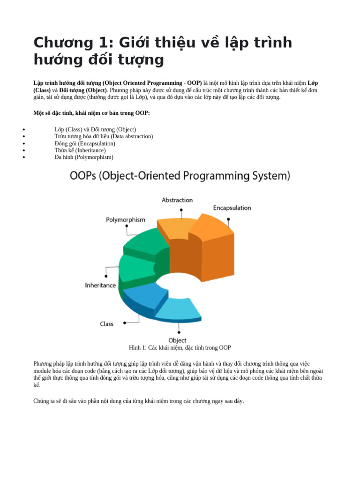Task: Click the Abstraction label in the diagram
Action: pyautogui.click(x=177, y=200)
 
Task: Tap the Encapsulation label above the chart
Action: pyautogui.click(x=232, y=208)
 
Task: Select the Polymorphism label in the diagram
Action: pyautogui.click(x=126, y=220)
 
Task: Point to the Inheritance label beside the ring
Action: pyautogui.click(x=100, y=285)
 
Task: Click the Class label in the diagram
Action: pyautogui.click(x=106, y=324)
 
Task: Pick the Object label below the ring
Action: pyautogui.click(x=177, y=340)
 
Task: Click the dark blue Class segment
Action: pyautogui.click(x=144, y=295)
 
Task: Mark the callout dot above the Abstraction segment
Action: pyautogui.click(x=181, y=210)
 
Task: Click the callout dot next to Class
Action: pyautogui.click(x=125, y=323)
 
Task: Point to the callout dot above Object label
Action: pyautogui.click(x=179, y=332)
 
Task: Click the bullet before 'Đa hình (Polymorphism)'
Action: pyautogui.click(x=24, y=157)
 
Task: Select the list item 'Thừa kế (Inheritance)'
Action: pyautogui.click(x=80, y=150)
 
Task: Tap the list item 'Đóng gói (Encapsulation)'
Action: pyautogui.click(x=85, y=143)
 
